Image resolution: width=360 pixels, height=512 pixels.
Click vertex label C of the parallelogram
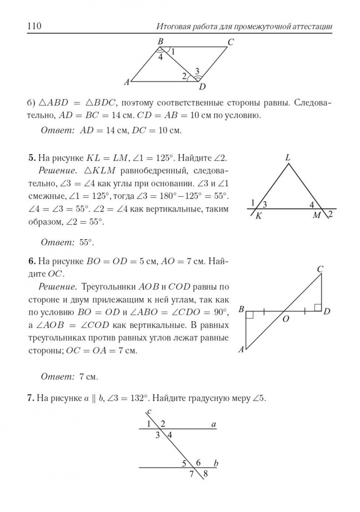[x=231, y=42]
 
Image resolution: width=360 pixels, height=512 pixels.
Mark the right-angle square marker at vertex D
[x=318, y=308]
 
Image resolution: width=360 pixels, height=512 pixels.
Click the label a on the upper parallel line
[x=213, y=425]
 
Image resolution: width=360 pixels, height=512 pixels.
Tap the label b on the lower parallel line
[x=216, y=463]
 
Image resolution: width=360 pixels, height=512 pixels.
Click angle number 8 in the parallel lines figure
[x=205, y=473]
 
